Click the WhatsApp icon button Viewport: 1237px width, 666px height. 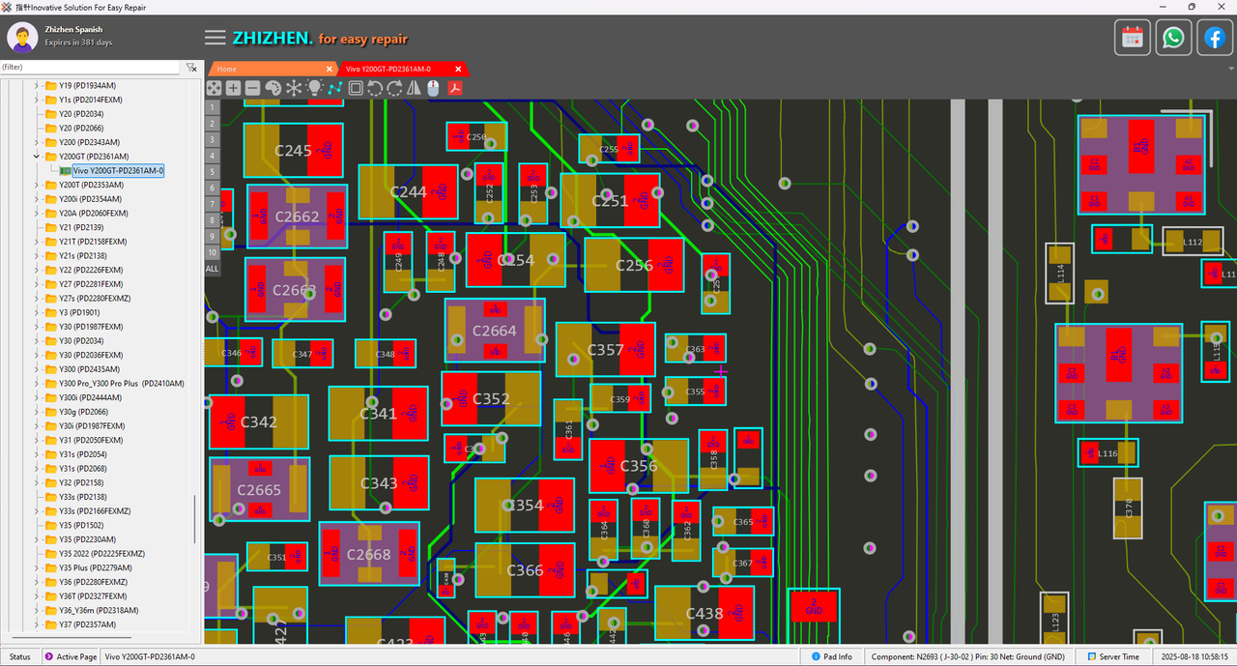tap(1173, 38)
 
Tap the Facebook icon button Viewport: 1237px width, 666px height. tap(1214, 38)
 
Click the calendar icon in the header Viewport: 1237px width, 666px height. tap(1133, 38)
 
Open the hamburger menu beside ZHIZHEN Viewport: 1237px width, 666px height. tap(215, 38)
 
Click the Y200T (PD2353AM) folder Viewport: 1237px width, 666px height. tap(91, 185)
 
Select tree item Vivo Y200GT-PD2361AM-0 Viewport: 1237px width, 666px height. tap(118, 170)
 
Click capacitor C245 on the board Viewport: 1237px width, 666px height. tap(293, 150)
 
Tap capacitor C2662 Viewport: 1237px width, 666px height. tap(297, 217)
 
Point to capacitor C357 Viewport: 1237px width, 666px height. tap(606, 350)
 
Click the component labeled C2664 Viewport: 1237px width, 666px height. tap(494, 331)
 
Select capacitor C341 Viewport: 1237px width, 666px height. tap(378, 414)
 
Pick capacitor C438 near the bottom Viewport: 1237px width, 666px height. tap(704, 613)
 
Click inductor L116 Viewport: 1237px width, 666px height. tap(1108, 452)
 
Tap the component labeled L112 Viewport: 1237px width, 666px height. tap(1192, 242)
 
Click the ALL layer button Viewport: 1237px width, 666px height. tap(213, 268)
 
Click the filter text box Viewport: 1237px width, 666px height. tap(89, 68)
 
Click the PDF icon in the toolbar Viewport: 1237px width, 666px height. tap(453, 88)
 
